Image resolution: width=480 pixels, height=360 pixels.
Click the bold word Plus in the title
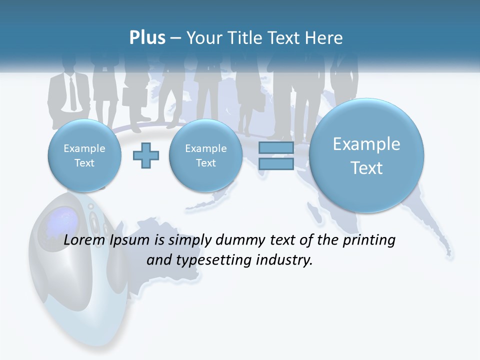[147, 38]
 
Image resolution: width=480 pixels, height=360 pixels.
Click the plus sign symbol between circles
[146, 156]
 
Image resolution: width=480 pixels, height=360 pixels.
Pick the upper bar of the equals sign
[276, 148]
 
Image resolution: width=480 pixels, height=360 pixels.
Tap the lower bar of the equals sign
[276, 164]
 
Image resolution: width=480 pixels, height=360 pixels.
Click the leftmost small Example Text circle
[84, 155]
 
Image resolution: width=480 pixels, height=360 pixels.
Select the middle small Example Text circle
[205, 155]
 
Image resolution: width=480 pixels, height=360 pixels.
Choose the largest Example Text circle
[366, 155]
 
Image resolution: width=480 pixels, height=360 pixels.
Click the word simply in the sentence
[190, 240]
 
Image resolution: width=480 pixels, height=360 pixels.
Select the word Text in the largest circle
[366, 168]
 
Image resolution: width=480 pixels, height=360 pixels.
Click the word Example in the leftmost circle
[84, 148]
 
